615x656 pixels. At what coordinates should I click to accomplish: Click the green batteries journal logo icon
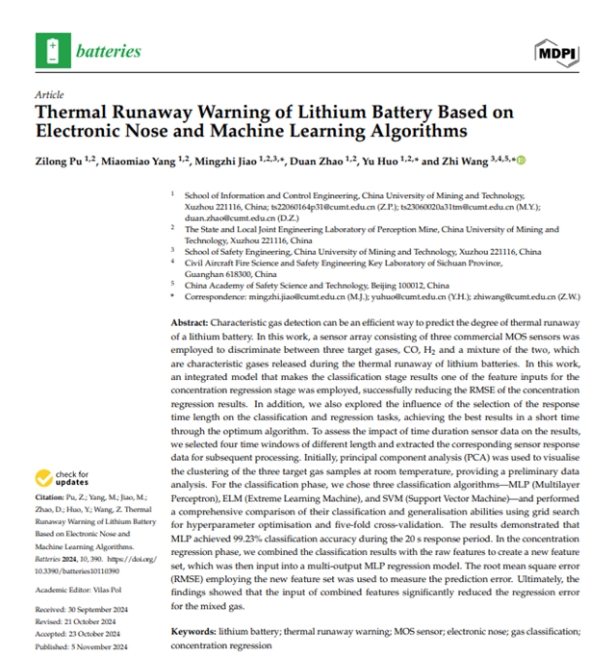[51, 49]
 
